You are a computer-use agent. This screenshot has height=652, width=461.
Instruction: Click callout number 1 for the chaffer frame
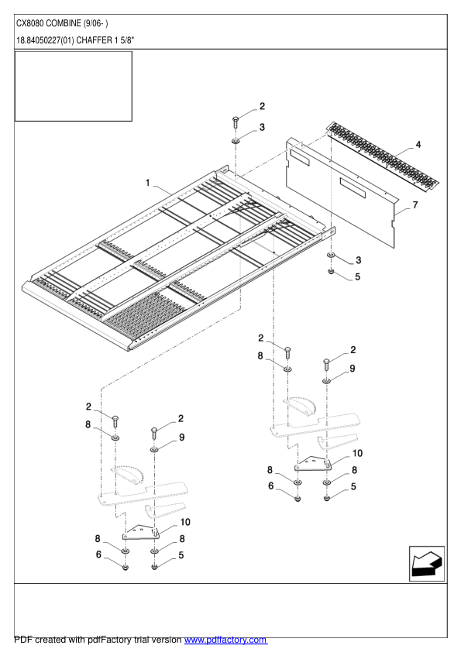pos(147,183)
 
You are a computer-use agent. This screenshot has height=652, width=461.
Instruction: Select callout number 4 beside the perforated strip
pos(418,145)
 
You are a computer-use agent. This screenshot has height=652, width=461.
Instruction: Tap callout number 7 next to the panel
pos(415,205)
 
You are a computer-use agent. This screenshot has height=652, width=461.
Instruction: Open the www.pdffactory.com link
pos(225,640)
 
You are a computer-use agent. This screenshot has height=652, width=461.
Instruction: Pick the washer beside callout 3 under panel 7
pos(331,256)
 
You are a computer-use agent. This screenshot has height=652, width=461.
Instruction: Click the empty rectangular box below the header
pos(74,86)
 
